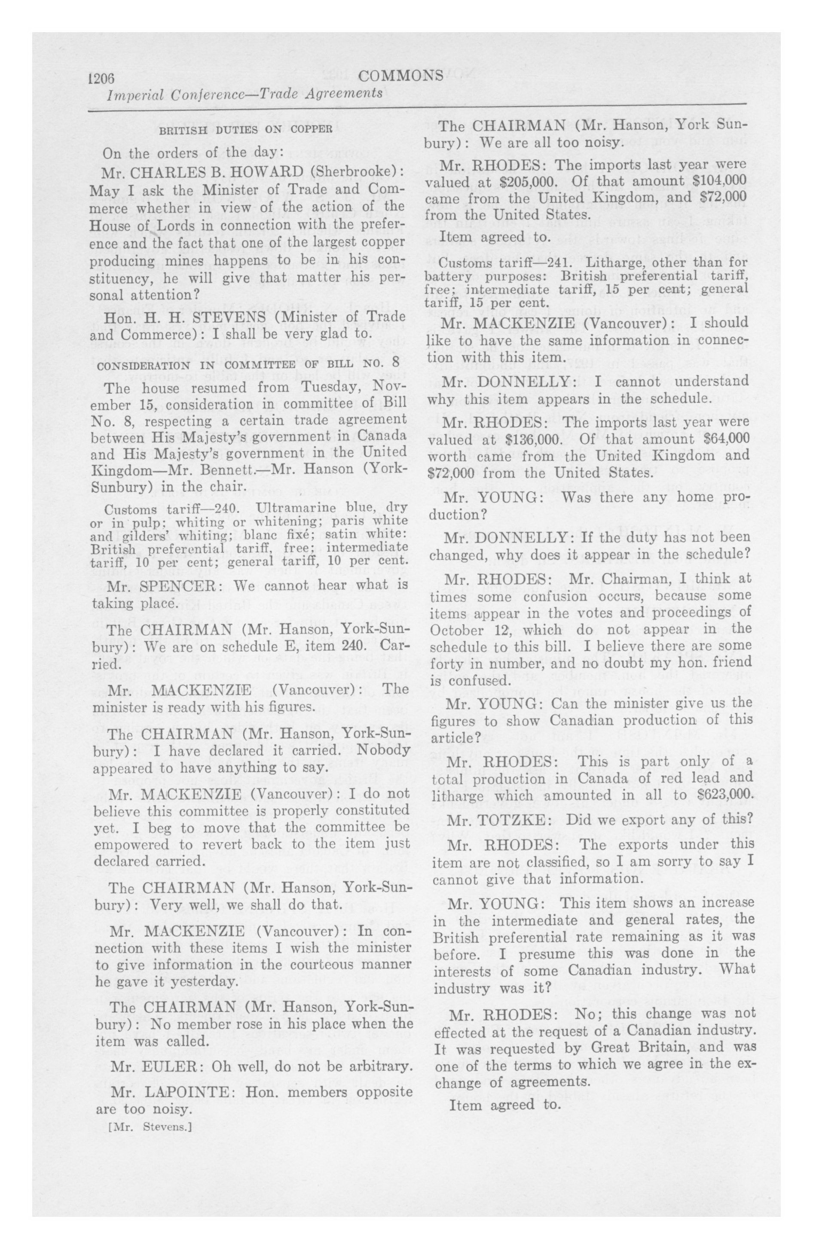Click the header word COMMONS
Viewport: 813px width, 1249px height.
pyautogui.click(x=401, y=76)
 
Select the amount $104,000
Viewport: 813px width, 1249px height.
pyautogui.click(x=718, y=182)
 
